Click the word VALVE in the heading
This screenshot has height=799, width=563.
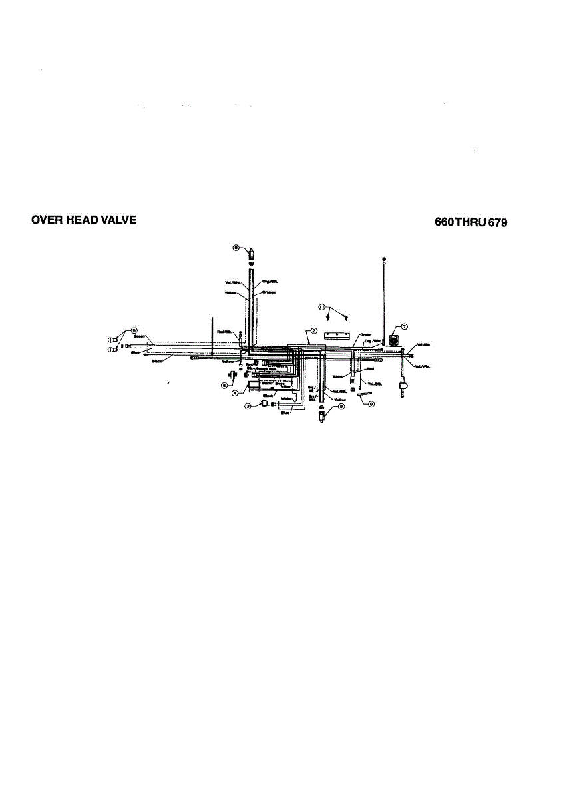point(118,220)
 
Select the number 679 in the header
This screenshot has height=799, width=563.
point(497,223)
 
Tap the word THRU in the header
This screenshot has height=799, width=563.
point(470,223)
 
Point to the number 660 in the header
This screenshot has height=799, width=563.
point(444,223)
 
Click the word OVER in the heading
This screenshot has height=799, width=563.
point(45,220)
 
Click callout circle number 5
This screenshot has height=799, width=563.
point(134,330)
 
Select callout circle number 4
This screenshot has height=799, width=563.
point(235,393)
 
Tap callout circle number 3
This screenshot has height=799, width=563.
point(247,406)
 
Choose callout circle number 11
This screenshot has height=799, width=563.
point(322,307)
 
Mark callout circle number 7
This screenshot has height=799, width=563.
point(404,326)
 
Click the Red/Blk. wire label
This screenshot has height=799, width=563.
point(224,331)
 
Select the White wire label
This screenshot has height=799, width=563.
point(287,399)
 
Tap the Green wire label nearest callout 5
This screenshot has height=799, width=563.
point(140,336)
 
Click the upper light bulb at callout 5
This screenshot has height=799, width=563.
point(112,341)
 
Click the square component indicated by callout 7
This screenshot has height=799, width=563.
point(394,338)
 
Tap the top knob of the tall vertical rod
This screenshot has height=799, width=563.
point(384,258)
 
